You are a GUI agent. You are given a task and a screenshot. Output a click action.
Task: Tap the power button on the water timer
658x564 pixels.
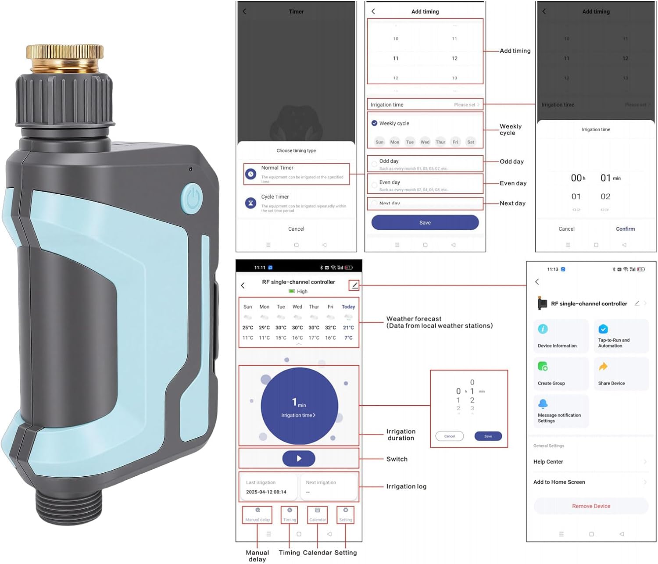[x=192, y=199]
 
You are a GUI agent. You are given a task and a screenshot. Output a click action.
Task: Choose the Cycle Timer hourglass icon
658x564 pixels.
[x=250, y=203]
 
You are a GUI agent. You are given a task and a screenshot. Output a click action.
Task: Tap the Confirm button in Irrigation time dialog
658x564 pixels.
[x=625, y=229]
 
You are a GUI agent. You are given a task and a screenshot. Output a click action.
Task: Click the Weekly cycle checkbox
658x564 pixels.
[x=374, y=123]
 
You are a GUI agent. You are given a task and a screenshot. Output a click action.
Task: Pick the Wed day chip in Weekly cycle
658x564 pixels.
[x=425, y=142]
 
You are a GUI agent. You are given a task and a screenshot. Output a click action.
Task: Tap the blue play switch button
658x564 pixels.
[x=299, y=458]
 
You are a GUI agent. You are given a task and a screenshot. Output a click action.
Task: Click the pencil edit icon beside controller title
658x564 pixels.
[x=354, y=286]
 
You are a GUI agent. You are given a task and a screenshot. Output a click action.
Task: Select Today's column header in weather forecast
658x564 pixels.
[x=348, y=307]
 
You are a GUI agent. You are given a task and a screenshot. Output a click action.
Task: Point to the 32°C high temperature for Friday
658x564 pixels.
[x=330, y=328]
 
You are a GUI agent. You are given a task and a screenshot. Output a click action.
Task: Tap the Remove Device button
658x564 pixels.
[x=591, y=506]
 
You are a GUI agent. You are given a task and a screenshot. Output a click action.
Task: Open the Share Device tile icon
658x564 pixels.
[x=603, y=367]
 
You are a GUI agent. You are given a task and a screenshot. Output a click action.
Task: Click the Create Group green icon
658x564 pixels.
[x=543, y=367]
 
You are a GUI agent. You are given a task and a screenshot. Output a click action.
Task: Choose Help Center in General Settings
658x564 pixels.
[x=548, y=462]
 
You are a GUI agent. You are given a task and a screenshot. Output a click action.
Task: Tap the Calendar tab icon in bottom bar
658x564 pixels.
[x=318, y=511]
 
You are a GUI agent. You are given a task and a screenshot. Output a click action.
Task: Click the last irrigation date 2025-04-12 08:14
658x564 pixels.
[x=266, y=492]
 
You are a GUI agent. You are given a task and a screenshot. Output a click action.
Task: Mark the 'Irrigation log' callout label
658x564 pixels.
[x=406, y=486]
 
